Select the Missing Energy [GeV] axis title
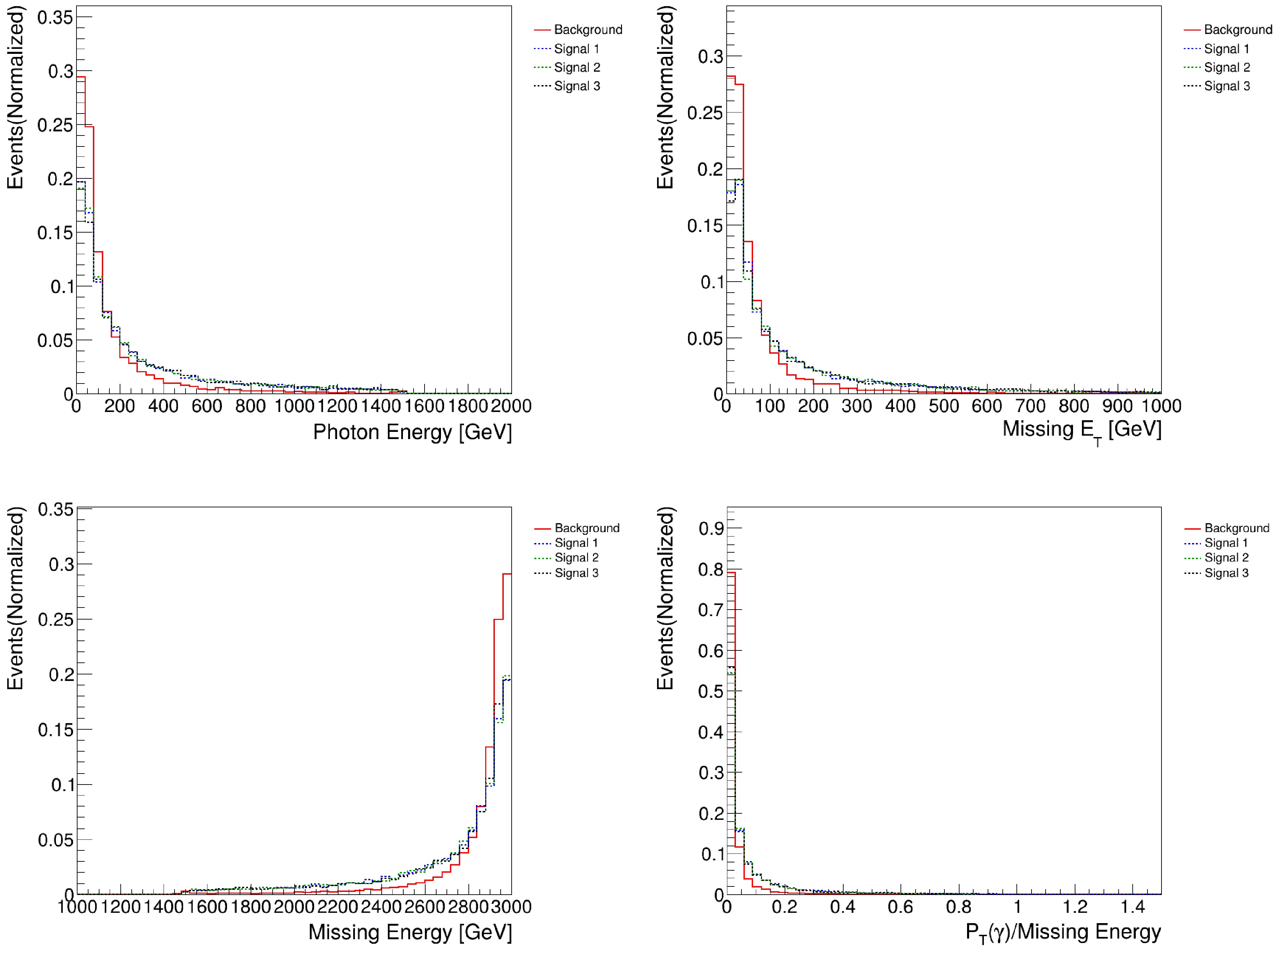[410, 932]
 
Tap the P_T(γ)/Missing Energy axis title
[1063, 932]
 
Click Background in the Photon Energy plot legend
[587, 30]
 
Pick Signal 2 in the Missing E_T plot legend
[1227, 68]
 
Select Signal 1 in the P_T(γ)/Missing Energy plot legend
[1225, 543]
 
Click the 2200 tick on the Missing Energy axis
[337, 907]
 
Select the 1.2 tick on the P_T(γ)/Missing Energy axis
[1075, 907]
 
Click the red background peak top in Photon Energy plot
[81, 77]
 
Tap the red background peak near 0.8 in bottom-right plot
[731, 573]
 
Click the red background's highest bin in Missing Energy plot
[507, 574]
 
